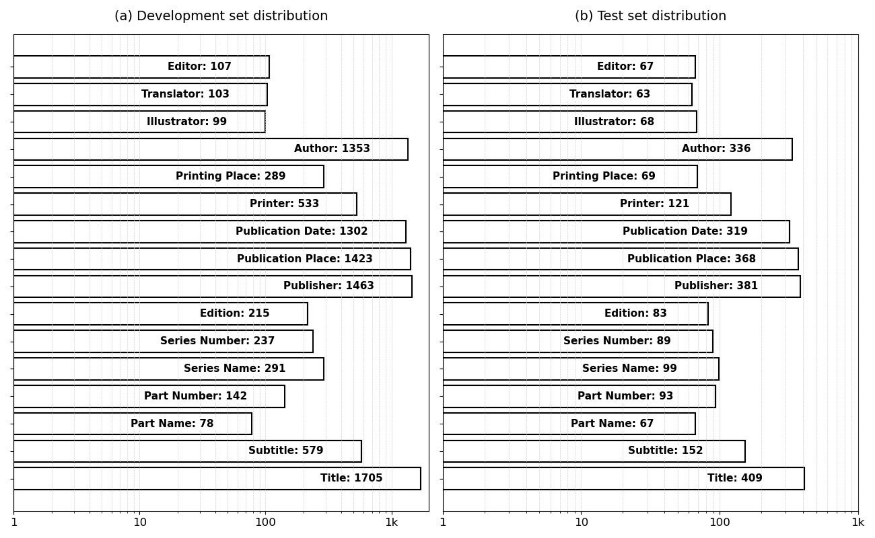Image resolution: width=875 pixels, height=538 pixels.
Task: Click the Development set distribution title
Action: (x=221, y=16)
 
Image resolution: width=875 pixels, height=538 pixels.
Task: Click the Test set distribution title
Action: (x=650, y=16)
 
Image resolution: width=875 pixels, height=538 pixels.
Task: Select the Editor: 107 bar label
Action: (x=199, y=66)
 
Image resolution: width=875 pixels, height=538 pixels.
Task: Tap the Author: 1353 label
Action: (x=332, y=148)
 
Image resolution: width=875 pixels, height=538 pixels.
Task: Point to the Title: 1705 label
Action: (x=351, y=478)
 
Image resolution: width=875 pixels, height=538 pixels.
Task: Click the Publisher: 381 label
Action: (x=716, y=285)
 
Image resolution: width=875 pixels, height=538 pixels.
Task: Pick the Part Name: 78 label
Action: (x=172, y=423)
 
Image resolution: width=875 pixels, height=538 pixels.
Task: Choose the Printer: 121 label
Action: (x=654, y=204)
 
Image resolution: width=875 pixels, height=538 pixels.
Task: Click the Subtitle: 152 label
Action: (x=666, y=450)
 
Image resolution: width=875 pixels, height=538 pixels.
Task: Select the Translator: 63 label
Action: (x=610, y=94)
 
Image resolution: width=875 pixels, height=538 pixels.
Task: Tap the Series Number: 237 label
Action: (x=218, y=341)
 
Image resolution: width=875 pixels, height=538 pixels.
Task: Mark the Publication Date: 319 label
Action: (x=685, y=231)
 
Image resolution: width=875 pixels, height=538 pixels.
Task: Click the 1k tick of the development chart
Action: (x=392, y=522)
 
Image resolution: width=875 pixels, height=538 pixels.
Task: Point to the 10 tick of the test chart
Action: (x=581, y=522)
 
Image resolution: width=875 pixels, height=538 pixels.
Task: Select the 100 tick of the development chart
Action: (x=265, y=522)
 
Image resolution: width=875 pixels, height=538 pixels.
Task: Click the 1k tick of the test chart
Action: (x=858, y=522)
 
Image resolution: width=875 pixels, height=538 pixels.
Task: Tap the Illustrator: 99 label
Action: (x=187, y=121)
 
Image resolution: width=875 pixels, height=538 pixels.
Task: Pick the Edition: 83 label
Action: (x=636, y=313)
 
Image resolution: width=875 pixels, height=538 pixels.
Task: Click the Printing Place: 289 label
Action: (x=231, y=176)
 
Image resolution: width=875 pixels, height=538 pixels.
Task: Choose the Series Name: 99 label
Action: (x=630, y=368)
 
